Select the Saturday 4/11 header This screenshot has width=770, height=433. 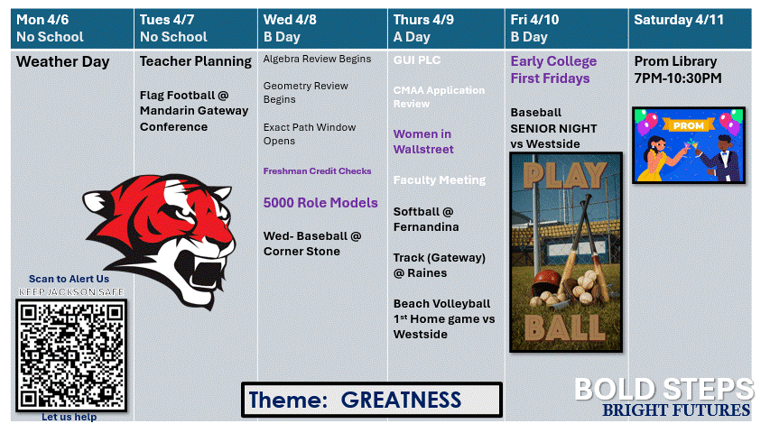pyautogui.click(x=690, y=29)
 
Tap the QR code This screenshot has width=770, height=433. pyautogui.click(x=70, y=355)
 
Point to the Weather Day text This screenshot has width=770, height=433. pyautogui.click(x=62, y=62)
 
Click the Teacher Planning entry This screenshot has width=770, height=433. pyautogui.click(x=195, y=62)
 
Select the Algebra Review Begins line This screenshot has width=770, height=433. pyautogui.click(x=317, y=60)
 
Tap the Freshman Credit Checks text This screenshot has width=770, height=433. pyautogui.click(x=317, y=171)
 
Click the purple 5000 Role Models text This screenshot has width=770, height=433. pyautogui.click(x=320, y=203)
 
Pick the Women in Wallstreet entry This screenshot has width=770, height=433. pyautogui.click(x=423, y=142)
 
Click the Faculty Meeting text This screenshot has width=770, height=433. pyautogui.click(x=439, y=180)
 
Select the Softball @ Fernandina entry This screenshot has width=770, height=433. pyautogui.click(x=425, y=219)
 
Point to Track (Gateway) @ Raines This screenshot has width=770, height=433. pyautogui.click(x=439, y=265)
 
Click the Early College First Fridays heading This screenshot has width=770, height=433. pyautogui.click(x=553, y=69)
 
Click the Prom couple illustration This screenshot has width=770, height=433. pyautogui.click(x=689, y=145)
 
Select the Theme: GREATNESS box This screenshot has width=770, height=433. pyautogui.click(x=371, y=400)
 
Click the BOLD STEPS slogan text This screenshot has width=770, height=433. pyautogui.click(x=663, y=389)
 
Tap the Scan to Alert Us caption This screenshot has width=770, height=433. pyautogui.click(x=69, y=280)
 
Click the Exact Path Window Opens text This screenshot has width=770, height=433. pyautogui.click(x=310, y=134)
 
